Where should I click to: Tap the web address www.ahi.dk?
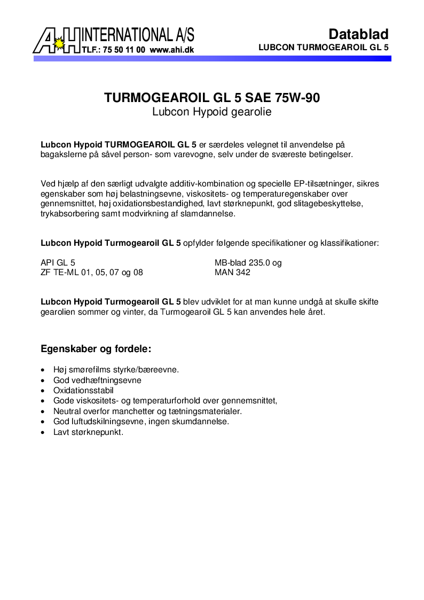pyautogui.click(x=171, y=50)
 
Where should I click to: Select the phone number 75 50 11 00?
pyautogui.click(x=122, y=50)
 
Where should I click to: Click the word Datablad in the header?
pyautogui.click(x=358, y=34)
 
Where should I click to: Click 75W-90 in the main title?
pyautogui.click(x=298, y=98)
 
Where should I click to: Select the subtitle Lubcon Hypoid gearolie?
pyautogui.click(x=212, y=112)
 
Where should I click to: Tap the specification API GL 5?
pyautogui.click(x=58, y=262)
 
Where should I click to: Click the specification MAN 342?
pyautogui.click(x=232, y=272)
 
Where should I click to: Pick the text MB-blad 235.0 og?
pyautogui.click(x=248, y=262)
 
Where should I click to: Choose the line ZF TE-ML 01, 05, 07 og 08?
pyautogui.click(x=92, y=272)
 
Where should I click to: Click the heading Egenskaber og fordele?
pyautogui.click(x=96, y=349)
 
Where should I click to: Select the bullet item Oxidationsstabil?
pyautogui.click(x=83, y=391)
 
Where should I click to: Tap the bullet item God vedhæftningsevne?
pyautogui.click(x=97, y=380)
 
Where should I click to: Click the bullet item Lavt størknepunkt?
pyautogui.click(x=88, y=432)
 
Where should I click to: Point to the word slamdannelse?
pyautogui.click(x=208, y=214)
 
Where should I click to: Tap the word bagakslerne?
pyautogui.click(x=64, y=154)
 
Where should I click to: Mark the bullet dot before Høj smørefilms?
pyautogui.click(x=43, y=370)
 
